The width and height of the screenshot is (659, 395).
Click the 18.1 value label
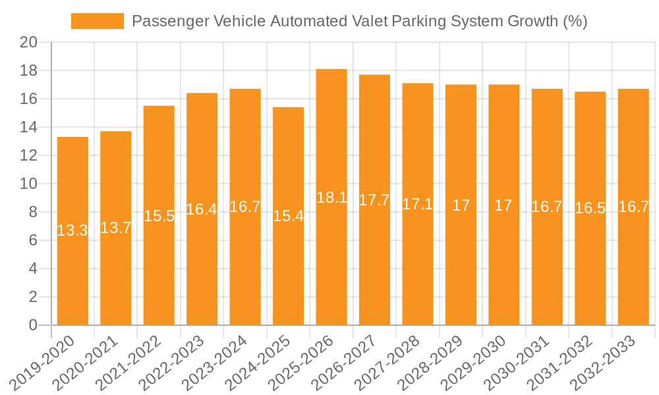click(x=331, y=197)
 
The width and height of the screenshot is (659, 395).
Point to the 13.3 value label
click(x=72, y=230)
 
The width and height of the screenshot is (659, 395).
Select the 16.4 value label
click(x=202, y=209)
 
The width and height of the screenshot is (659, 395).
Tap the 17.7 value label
click(x=374, y=200)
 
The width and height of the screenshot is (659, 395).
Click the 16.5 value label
click(x=590, y=208)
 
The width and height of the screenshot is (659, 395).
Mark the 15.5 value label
click(x=159, y=215)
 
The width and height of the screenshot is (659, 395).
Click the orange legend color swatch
click(x=97, y=21)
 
